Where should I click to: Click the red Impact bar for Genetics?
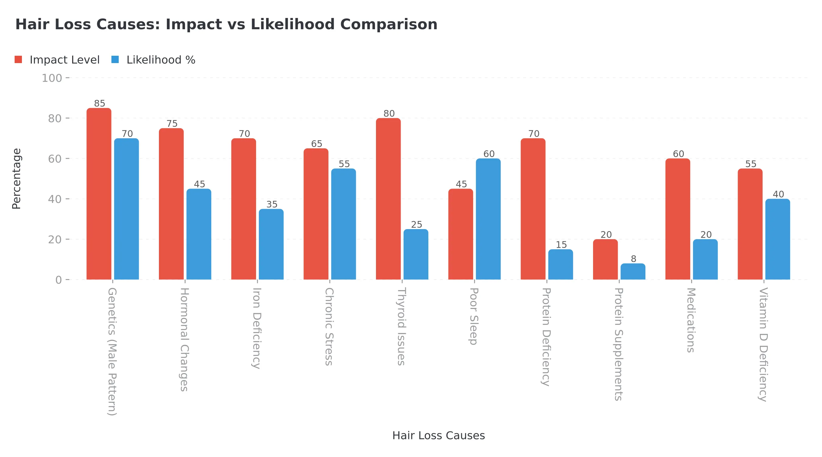(99, 194)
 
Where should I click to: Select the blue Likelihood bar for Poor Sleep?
(488, 219)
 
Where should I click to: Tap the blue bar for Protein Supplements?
(633, 271)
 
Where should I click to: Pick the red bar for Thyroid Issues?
(388, 199)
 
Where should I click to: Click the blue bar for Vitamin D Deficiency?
(778, 239)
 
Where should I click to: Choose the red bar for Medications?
(678, 219)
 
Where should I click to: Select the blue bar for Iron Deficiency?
(271, 244)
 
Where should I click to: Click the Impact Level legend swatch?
(19, 59)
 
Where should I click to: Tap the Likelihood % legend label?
(161, 60)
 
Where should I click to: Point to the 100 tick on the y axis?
(52, 78)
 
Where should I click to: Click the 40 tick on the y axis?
(54, 199)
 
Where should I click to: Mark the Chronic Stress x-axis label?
(329, 326)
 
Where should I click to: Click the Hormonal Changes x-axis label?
(184, 339)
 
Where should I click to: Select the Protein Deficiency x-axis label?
(546, 337)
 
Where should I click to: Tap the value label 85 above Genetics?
(100, 104)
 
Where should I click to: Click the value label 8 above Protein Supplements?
(634, 259)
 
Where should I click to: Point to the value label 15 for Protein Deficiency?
(561, 245)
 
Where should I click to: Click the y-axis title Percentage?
(17, 179)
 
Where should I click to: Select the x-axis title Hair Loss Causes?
(438, 435)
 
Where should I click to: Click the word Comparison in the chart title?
(389, 25)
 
